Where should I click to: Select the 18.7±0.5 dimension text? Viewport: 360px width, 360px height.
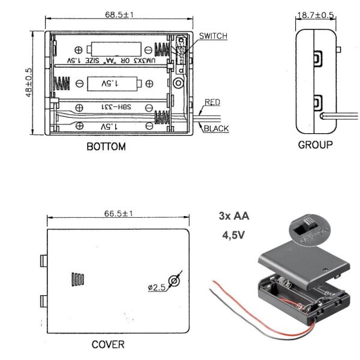pos(314,14)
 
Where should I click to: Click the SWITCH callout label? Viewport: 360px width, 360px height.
pos(213,37)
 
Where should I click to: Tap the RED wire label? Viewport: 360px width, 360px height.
pos(212,103)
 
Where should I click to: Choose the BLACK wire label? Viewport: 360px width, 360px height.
pos(215,128)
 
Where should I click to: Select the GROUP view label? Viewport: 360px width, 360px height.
pos(315,145)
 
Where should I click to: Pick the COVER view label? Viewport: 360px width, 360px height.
pos(108,344)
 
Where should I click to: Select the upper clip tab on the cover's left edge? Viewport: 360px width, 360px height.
pos(44,262)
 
